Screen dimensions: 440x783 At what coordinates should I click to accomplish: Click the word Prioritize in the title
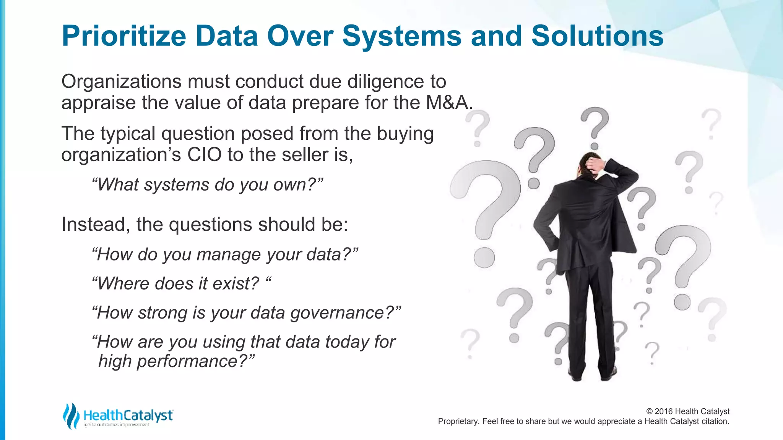point(124,36)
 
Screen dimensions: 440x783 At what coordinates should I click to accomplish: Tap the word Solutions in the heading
point(597,36)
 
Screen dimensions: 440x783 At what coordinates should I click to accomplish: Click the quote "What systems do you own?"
point(208,184)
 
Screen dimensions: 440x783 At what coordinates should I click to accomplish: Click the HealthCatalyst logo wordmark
point(128,415)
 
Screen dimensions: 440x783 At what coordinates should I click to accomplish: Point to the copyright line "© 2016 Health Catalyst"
point(687,411)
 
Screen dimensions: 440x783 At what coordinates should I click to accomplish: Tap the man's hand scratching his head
point(595,165)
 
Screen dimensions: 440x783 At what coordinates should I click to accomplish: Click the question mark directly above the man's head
point(595,126)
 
